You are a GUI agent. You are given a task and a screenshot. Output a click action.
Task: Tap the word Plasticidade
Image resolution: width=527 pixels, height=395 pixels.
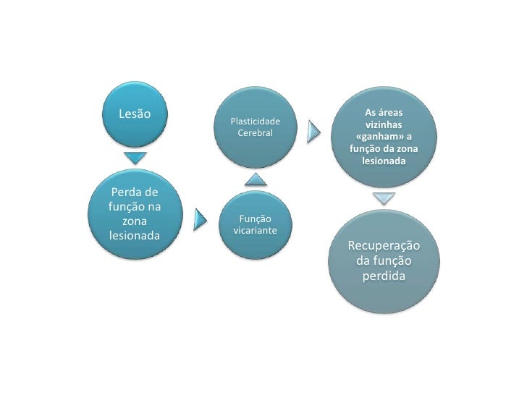255,122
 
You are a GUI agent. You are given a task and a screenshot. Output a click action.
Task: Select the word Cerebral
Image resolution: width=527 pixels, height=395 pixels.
255,135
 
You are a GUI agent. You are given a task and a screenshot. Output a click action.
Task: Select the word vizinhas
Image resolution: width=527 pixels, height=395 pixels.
384,125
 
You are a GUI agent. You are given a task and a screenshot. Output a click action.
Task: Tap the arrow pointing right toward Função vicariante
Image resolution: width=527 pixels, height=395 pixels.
203,219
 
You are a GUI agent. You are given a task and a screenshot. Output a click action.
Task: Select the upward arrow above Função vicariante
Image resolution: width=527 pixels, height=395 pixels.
254,178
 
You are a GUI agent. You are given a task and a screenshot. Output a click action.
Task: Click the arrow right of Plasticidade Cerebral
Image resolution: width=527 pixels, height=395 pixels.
313,130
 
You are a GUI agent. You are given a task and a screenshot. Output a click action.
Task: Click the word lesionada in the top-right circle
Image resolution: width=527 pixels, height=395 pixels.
384,161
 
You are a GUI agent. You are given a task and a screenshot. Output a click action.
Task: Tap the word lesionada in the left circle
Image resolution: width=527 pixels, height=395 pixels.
134,235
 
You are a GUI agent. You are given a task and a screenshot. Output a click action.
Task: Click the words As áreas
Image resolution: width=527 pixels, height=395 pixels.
384,113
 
